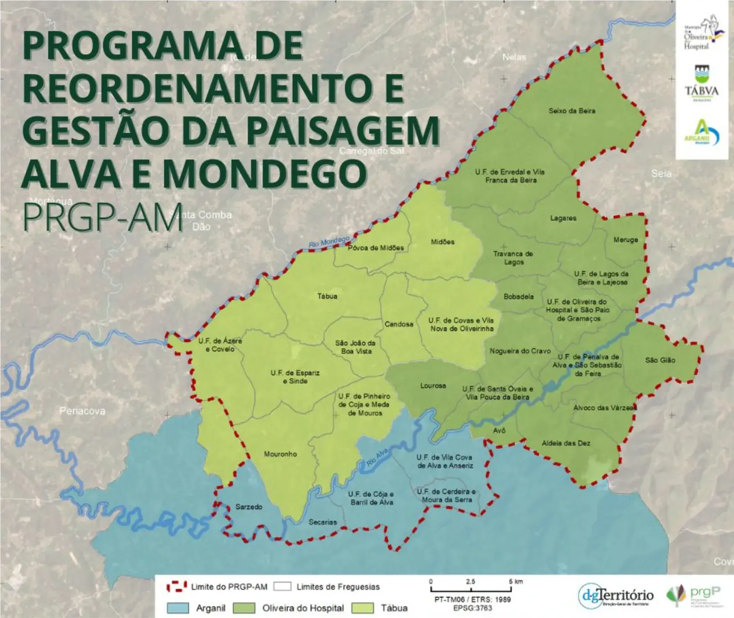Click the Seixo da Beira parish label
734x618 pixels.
click(x=572, y=111)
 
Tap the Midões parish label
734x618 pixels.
click(x=443, y=242)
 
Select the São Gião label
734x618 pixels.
click(x=660, y=360)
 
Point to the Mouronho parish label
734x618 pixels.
click(x=280, y=454)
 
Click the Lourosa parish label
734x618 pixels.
click(x=433, y=386)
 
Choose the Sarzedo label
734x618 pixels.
click(x=249, y=507)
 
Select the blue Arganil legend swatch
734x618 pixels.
click(x=178, y=608)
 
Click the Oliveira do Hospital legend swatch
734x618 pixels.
click(x=244, y=608)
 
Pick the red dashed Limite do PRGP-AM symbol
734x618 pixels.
click(x=177, y=587)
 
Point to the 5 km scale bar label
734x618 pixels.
click(x=516, y=581)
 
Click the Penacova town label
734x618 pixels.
click(x=82, y=411)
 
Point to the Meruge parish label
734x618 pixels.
click(x=626, y=240)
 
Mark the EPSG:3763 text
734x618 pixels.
click(x=473, y=607)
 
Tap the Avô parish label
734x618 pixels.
click(x=499, y=430)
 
